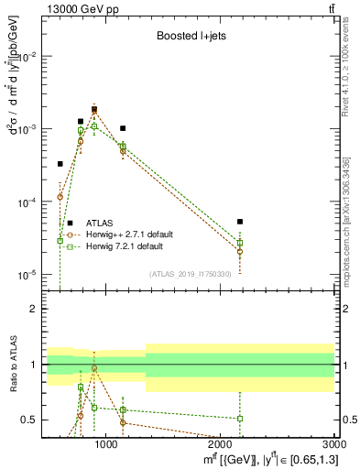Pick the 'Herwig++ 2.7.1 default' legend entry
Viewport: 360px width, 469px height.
pyautogui.click(x=127, y=234)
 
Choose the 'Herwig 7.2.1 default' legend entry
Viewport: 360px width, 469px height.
pyautogui.click(x=124, y=246)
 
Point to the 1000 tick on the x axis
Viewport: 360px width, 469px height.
pyautogui.click(x=106, y=446)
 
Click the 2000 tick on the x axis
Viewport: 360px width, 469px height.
pyautogui.click(x=223, y=446)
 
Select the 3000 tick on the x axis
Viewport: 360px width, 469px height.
pyautogui.click(x=336, y=446)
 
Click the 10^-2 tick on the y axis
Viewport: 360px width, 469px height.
pyautogui.click(x=27, y=57)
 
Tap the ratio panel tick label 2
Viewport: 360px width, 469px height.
pyautogui.click(x=33, y=310)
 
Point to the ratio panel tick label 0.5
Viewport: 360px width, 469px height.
pyautogui.click(x=29, y=420)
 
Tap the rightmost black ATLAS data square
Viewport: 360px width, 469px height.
pyautogui.click(x=240, y=222)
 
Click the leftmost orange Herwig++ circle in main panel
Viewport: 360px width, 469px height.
pyautogui.click(x=60, y=197)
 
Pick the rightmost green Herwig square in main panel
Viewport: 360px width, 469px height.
pyautogui.click(x=240, y=243)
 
